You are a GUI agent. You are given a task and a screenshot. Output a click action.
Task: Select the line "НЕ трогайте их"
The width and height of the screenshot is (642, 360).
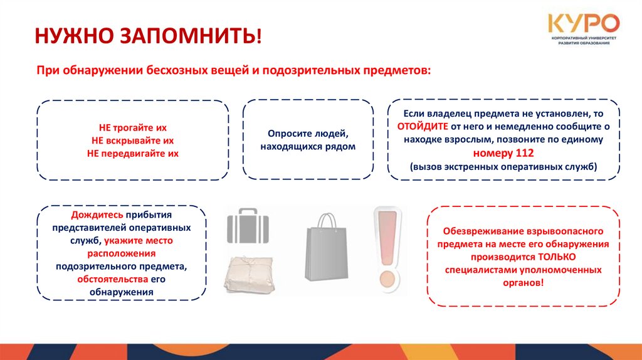click(133, 127)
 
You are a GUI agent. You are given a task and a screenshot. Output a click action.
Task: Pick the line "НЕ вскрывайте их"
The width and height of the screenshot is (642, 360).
click(133, 140)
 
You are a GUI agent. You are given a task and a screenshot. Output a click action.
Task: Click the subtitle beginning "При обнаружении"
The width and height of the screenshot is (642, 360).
click(234, 70)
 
